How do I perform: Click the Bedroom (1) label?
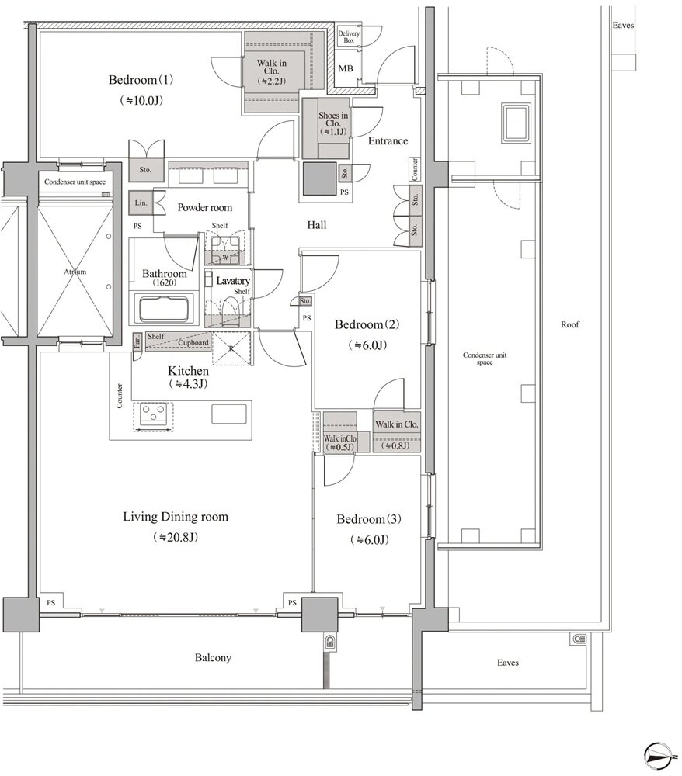141,80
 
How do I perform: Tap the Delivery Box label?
349,37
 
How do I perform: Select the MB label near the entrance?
346,69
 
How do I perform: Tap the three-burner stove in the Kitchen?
152,414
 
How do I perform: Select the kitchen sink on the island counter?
229,414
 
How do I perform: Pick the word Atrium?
75,272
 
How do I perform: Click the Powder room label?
204,207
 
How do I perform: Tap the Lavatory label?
233,281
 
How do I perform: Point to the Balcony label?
213,658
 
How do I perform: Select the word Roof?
570,324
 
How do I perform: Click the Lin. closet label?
141,203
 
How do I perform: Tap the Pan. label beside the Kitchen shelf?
137,340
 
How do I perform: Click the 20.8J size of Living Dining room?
176,538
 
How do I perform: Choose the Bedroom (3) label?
369,519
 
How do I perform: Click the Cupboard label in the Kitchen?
193,342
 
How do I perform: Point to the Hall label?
316,225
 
